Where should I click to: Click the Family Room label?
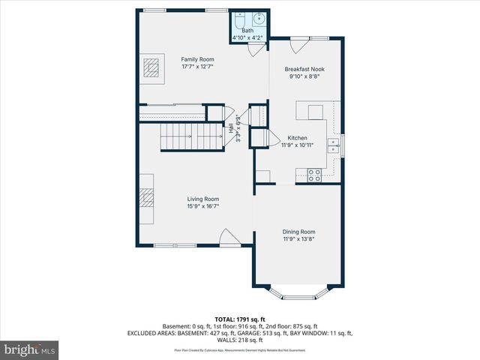(198, 59)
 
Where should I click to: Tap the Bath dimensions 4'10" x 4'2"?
(247, 37)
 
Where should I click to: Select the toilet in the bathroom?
(239, 19)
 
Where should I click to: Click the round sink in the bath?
(259, 19)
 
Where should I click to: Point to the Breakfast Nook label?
(304, 69)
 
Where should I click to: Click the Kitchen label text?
(298, 138)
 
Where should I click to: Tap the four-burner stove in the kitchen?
(315, 175)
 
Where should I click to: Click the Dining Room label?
(298, 232)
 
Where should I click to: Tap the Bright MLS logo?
(31, 349)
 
